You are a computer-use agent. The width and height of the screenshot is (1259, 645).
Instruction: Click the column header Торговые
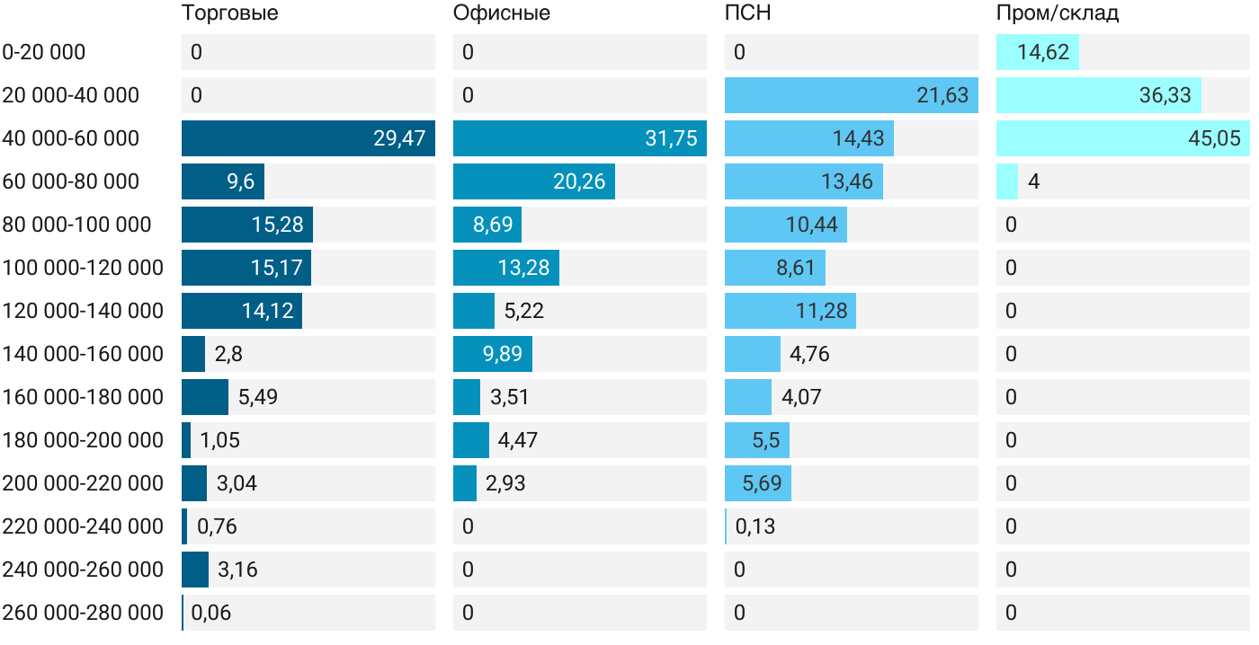point(229,13)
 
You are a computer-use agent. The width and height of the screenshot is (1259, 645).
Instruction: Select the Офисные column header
point(501,13)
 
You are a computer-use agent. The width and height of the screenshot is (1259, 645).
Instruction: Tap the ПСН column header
point(748,13)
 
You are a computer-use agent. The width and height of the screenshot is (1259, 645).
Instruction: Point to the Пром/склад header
point(1058,13)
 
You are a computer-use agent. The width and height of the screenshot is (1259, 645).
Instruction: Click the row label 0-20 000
point(44,52)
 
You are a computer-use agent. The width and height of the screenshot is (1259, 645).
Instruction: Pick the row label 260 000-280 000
point(83,613)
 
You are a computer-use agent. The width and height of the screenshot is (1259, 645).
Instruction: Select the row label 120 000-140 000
point(83,311)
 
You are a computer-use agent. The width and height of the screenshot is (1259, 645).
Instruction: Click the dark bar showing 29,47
point(308,138)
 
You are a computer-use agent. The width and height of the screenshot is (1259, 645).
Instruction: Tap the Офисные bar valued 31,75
point(579,138)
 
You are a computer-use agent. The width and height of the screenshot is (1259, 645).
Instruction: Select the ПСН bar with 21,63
point(851,95)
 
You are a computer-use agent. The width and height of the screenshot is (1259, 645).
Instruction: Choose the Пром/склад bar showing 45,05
point(1122,138)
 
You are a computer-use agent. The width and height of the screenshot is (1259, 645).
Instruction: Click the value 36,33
point(1165,95)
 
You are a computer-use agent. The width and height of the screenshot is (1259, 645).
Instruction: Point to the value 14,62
point(1043,52)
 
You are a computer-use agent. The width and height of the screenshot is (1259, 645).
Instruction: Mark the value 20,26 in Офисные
point(579,181)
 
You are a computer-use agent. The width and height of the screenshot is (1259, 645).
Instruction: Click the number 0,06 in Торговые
point(211,613)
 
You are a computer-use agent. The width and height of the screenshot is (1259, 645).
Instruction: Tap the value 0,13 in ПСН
point(755,526)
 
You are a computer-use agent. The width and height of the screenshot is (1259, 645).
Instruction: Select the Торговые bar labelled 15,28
point(246,225)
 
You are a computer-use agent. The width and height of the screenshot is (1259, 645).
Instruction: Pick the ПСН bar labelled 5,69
point(757,483)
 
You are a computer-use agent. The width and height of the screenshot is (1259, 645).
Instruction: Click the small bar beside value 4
point(1006,181)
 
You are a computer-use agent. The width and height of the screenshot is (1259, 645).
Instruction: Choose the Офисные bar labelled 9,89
point(492,354)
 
